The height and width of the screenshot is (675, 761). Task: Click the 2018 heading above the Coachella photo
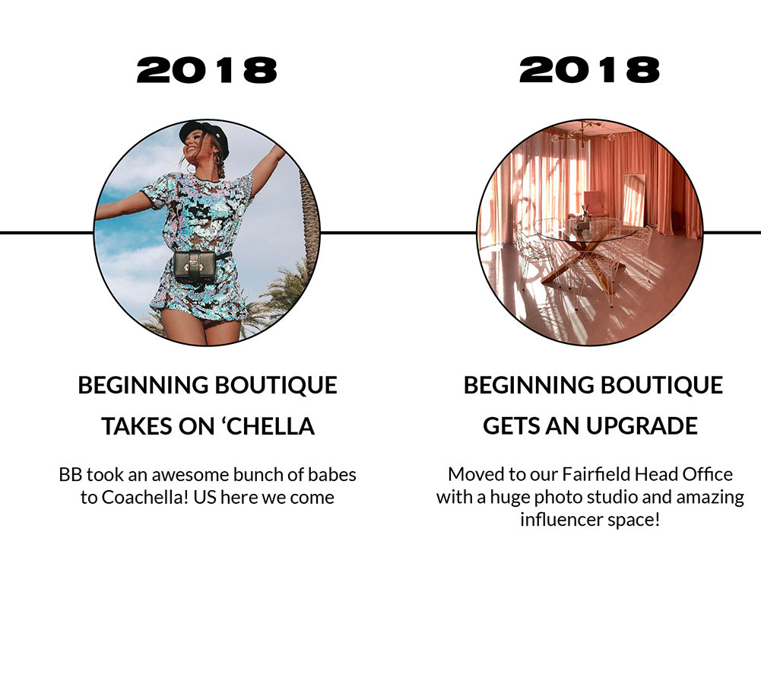click(x=207, y=70)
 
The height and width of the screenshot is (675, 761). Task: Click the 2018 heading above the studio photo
click(x=590, y=70)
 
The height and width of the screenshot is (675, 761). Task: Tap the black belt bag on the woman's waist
click(x=195, y=267)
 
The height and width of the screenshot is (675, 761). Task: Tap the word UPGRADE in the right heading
click(x=642, y=425)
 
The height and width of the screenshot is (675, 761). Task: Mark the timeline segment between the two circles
click(x=398, y=233)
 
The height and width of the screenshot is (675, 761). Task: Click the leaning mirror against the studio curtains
click(x=634, y=199)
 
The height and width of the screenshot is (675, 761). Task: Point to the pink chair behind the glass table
click(x=595, y=204)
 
